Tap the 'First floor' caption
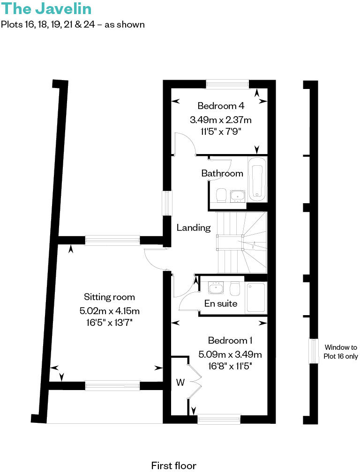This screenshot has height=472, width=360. (173, 465)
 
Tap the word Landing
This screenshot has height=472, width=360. (194, 228)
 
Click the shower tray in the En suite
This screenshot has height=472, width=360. (256, 297)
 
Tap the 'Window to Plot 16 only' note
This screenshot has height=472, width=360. (340, 352)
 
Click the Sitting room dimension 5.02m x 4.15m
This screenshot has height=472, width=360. (110, 310)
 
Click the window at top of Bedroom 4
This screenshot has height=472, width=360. (227, 84)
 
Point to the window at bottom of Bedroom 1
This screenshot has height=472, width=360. (219, 420)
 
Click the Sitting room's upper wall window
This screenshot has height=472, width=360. (112, 241)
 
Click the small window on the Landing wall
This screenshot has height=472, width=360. (166, 203)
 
